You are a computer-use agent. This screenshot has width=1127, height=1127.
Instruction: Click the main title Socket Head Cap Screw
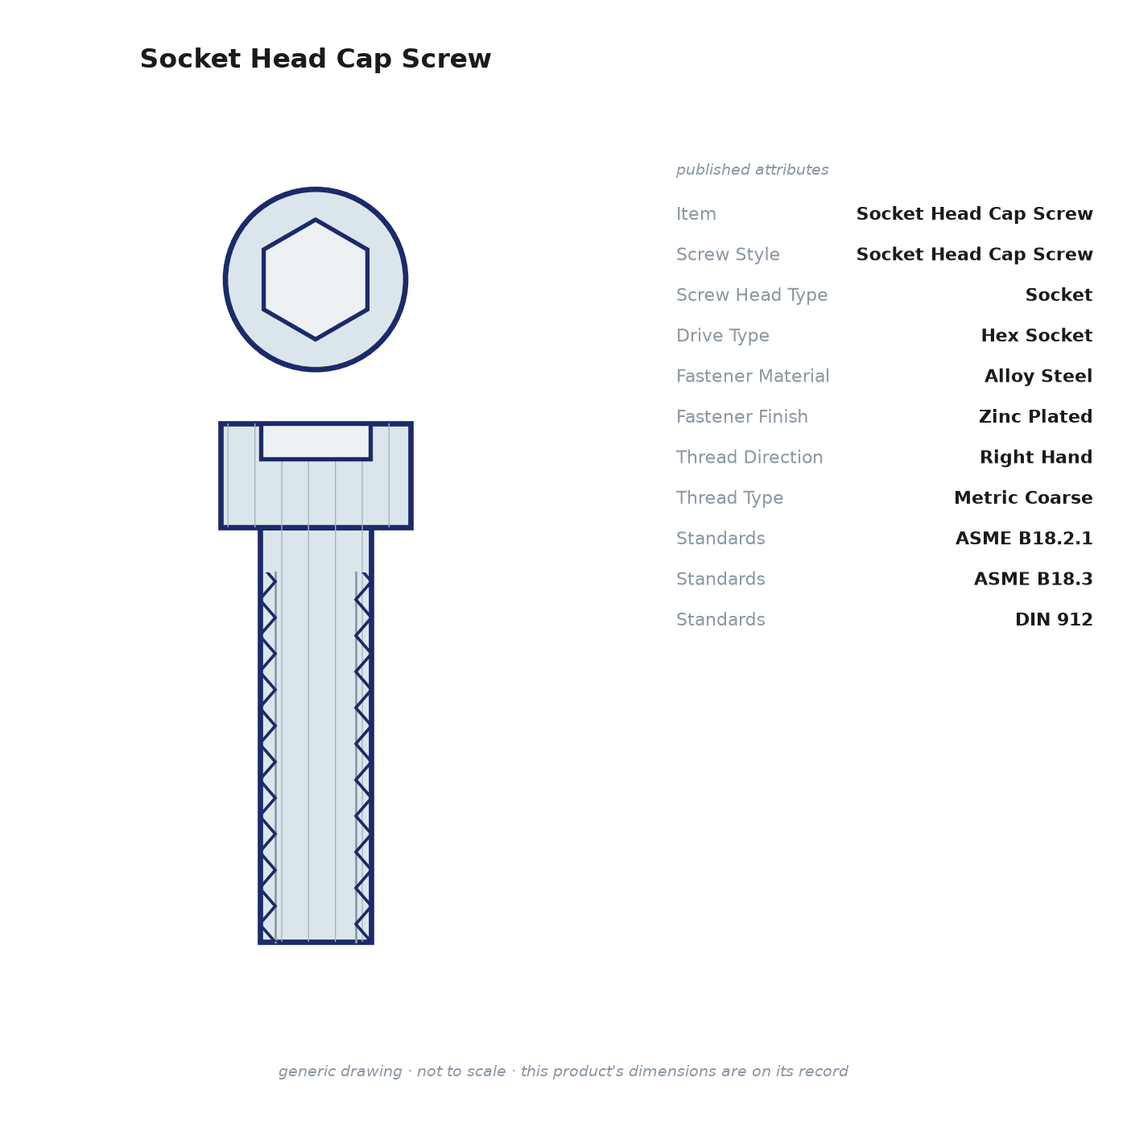(316, 59)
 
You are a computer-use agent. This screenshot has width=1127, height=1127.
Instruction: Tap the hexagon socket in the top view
(316, 279)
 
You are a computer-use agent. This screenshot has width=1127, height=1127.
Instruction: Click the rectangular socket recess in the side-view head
(316, 442)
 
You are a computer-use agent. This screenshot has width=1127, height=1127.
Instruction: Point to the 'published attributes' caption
(752, 170)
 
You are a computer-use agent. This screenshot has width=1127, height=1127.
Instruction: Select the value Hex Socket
(1036, 335)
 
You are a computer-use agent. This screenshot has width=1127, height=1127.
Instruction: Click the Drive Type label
(722, 336)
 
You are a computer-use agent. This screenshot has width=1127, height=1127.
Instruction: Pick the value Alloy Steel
(1038, 376)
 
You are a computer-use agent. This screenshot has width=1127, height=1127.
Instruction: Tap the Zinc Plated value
(1035, 416)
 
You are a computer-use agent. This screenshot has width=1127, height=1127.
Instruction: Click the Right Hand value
(1036, 456)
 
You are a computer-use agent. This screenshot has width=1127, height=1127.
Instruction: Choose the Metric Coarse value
(1023, 497)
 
